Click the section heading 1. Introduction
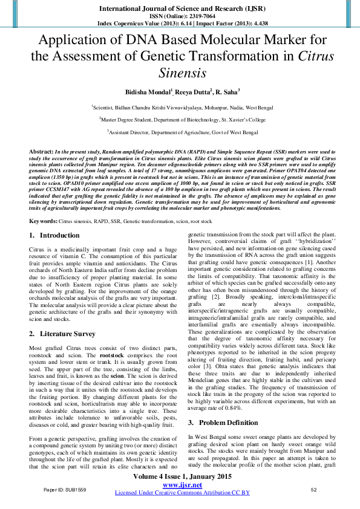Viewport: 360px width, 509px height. (x=54, y=218)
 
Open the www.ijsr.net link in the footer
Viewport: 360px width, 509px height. (x=179, y=485)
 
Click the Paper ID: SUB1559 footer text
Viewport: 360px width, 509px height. (x=65, y=489)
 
